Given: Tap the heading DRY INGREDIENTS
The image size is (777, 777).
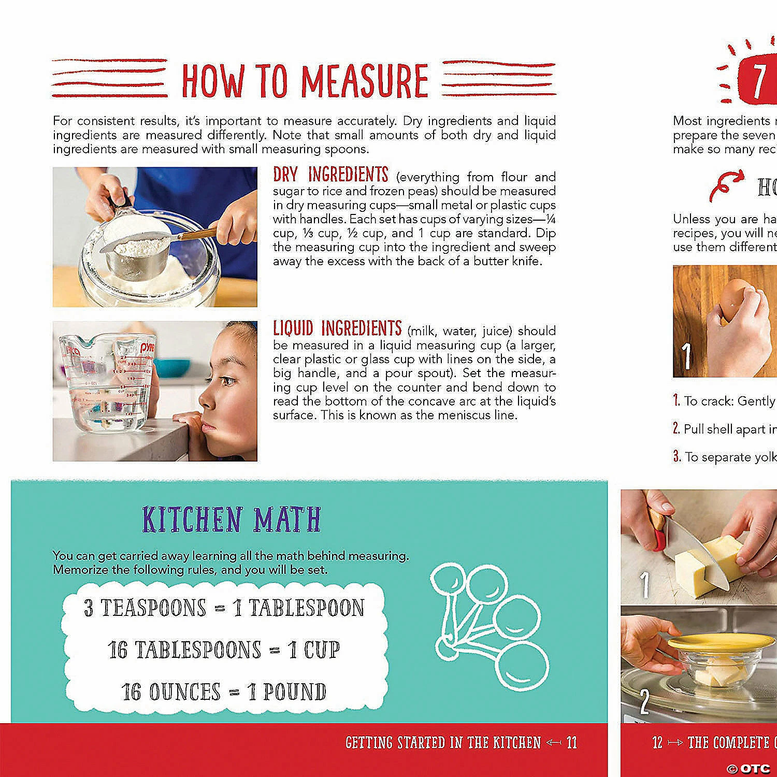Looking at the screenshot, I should click(330, 175).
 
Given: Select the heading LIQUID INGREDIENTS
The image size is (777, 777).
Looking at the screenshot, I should click(337, 328).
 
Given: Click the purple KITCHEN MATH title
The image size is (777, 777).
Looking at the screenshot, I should click(232, 520).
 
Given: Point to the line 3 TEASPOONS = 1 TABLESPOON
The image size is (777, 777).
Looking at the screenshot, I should click(224, 608).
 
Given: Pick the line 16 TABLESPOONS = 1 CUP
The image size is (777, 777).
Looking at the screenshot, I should click(224, 650).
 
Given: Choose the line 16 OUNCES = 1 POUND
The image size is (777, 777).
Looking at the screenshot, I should click(224, 692).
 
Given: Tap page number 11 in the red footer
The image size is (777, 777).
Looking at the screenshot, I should click(571, 743).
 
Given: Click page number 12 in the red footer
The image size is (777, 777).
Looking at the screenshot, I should click(657, 743).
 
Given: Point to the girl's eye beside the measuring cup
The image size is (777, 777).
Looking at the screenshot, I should click(226, 381).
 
